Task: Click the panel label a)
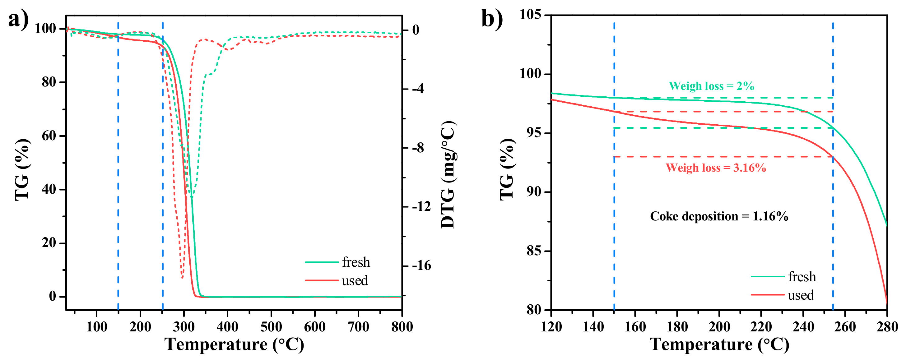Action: [x=18, y=19]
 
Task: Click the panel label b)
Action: [x=492, y=19]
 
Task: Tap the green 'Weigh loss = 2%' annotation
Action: [x=711, y=86]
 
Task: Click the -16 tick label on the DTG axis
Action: [x=421, y=266]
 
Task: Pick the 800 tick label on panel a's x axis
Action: [x=402, y=327]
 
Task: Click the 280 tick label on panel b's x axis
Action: [x=887, y=327]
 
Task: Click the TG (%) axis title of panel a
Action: [x=22, y=169]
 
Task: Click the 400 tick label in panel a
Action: [x=227, y=327]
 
